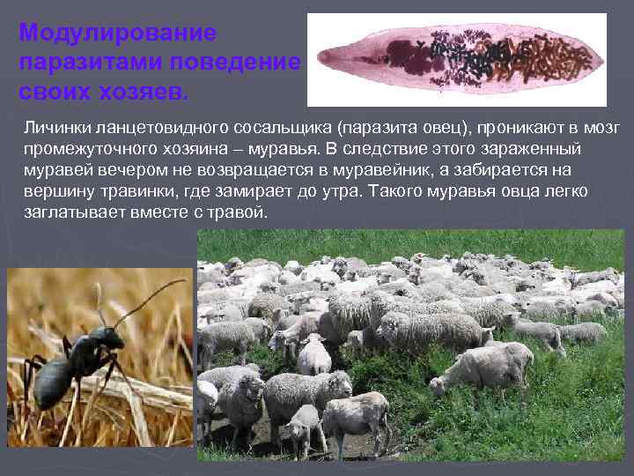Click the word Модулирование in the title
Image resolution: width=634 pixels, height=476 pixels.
[117, 33]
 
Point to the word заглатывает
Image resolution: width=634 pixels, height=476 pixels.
[69, 213]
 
